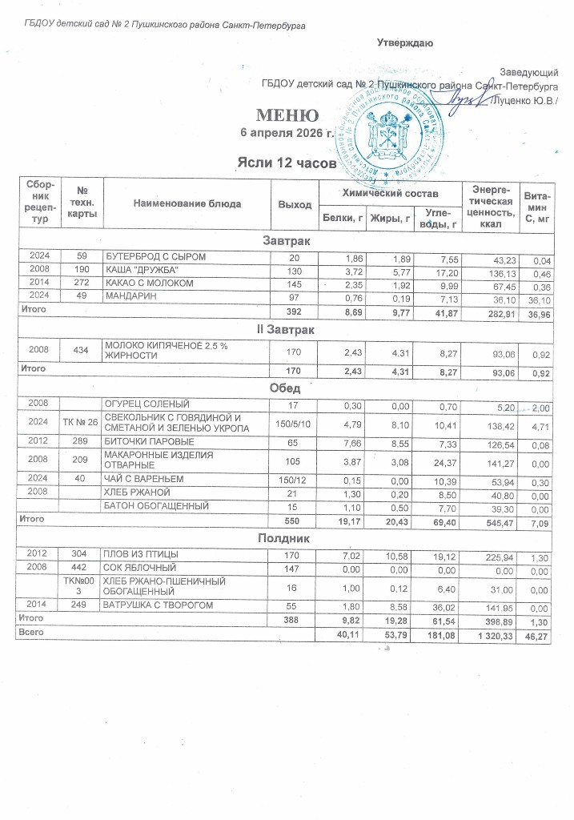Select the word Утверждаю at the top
[x=405, y=42]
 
